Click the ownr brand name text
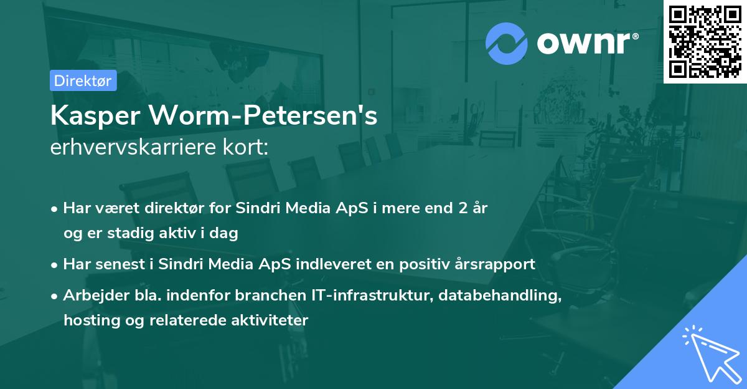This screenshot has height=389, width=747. [587, 43]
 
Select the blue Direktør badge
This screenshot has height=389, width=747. [83, 80]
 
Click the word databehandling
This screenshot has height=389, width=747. [499, 295]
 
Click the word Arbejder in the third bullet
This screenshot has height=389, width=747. [90, 295]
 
